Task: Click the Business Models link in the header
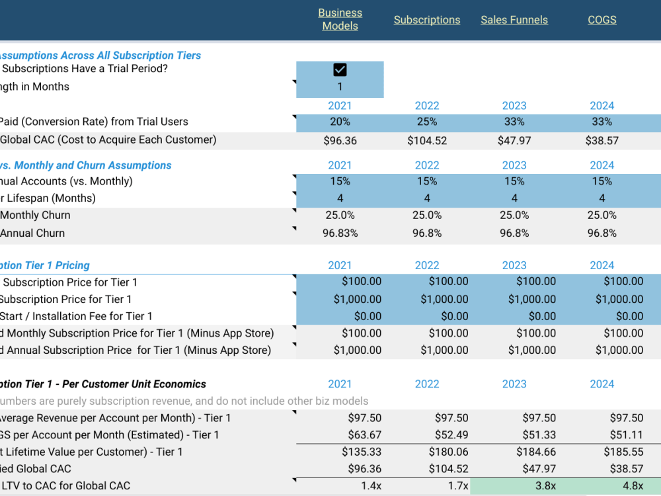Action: point(340,19)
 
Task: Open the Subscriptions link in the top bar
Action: point(427,20)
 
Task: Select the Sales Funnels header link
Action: point(514,20)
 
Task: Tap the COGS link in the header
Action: point(602,20)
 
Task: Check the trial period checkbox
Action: point(340,70)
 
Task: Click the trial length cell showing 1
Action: point(340,87)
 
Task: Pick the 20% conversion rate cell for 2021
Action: point(340,122)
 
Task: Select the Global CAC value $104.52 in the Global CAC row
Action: point(427,140)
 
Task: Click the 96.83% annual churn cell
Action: point(340,233)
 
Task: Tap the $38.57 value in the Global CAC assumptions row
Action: point(602,140)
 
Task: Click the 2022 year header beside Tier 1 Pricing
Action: point(427,265)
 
